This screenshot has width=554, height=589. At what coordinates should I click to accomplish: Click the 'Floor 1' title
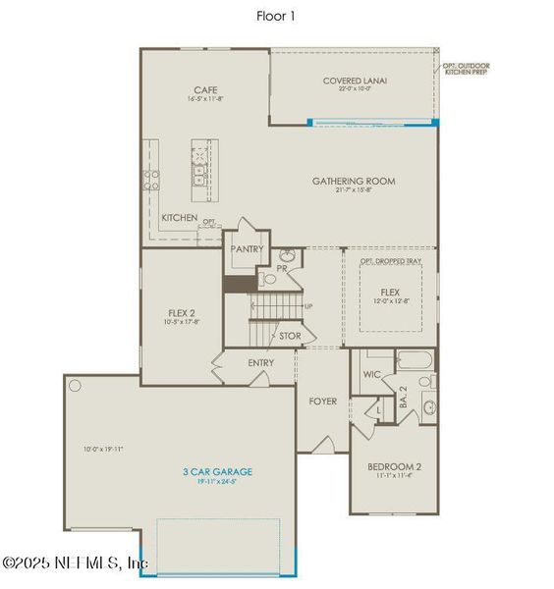point(276,15)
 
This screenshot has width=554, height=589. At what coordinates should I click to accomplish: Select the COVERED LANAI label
point(353,80)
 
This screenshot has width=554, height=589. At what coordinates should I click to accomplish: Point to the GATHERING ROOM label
point(354,181)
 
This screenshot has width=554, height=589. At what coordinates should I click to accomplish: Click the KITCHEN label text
point(180,218)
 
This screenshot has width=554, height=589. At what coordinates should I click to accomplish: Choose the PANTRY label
point(247,249)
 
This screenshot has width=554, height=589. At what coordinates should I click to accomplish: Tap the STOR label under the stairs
point(290,337)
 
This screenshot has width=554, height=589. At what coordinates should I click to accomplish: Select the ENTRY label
point(260,363)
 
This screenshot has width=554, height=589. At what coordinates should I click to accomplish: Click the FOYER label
point(323,401)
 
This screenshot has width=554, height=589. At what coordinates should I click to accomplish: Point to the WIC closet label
point(372,374)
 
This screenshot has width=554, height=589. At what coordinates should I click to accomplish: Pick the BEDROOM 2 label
point(394,466)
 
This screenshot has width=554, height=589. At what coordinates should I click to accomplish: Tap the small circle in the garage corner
point(74,386)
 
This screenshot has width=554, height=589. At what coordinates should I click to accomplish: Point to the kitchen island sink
point(199,178)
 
